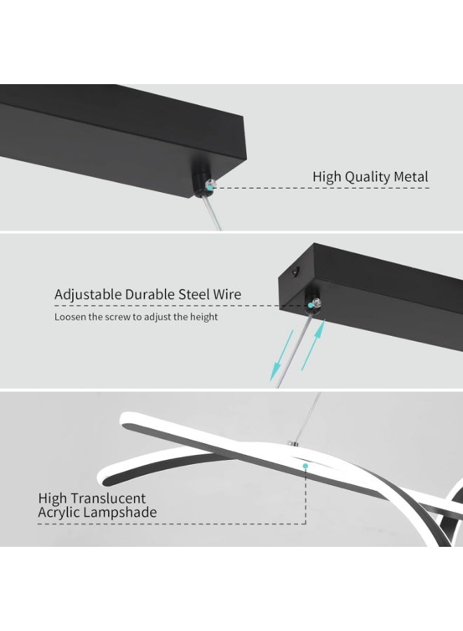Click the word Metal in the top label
pyautogui.click(x=410, y=176)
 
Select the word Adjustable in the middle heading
pyautogui.click(x=88, y=295)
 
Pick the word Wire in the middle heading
pyautogui.click(x=227, y=294)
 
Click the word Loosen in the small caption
pyautogui.click(x=70, y=317)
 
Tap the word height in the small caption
pyautogui.click(x=204, y=317)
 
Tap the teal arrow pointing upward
pyautogui.click(x=313, y=345)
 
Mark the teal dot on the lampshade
pyautogui.click(x=306, y=466)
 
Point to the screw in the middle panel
pyautogui.click(x=314, y=302)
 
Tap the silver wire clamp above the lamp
pyautogui.click(x=292, y=443)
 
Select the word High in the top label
pyautogui.click(x=327, y=177)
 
